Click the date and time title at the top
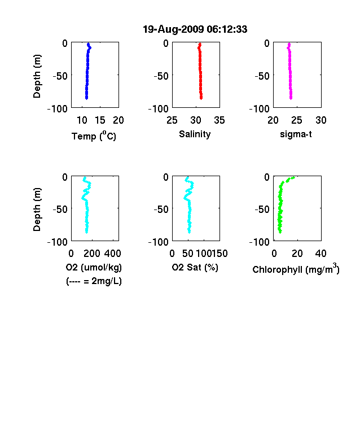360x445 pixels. [195, 29]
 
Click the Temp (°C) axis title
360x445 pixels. [94, 136]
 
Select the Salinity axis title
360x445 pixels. [195, 134]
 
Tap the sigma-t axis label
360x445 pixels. [296, 134]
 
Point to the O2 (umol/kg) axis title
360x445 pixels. [94, 268]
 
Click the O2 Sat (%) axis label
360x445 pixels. [195, 268]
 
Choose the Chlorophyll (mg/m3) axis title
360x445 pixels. [296, 268]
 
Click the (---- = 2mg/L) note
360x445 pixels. [94, 281]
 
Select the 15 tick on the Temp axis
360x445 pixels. [100, 120]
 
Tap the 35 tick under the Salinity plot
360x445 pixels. [219, 120]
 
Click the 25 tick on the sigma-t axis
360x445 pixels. [296, 120]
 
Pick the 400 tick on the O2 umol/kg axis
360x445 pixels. [112, 254]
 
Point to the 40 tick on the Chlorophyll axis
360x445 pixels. [321, 254]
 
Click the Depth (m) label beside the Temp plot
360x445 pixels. [37, 76]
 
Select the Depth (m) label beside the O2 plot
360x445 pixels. [37, 210]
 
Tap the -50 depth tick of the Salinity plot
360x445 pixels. [161, 76]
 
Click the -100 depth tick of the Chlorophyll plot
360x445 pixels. [259, 242]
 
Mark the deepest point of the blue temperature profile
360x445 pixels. [86, 98]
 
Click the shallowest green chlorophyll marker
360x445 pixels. [293, 178]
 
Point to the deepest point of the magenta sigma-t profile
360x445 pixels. [291, 98]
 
